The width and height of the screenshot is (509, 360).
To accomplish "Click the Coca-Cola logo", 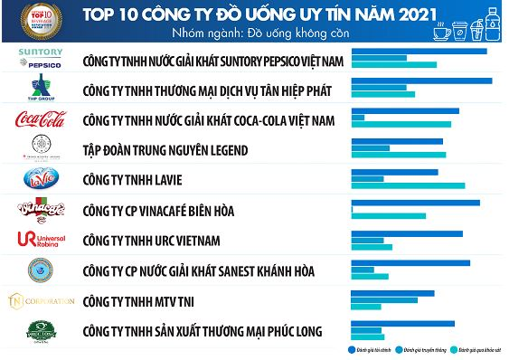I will click(41, 119).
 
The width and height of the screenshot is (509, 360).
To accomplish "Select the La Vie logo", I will click(41, 179).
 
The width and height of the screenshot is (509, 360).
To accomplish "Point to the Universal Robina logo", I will click(41, 240).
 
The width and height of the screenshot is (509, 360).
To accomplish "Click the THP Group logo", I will click(41, 90).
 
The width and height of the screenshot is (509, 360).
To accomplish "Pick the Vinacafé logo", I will click(41, 210).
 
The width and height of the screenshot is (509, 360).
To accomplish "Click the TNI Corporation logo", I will click(41, 300).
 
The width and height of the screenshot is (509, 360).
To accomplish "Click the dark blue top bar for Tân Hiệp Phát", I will click(421, 81).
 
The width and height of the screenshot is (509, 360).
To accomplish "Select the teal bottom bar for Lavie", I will click(408, 187).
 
